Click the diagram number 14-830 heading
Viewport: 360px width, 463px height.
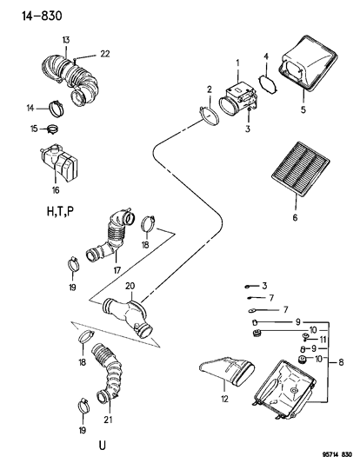(30, 14)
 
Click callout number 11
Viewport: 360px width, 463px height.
(322, 340)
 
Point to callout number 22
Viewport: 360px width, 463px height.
(105, 54)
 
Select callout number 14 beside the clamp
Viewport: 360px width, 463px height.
(30, 109)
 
